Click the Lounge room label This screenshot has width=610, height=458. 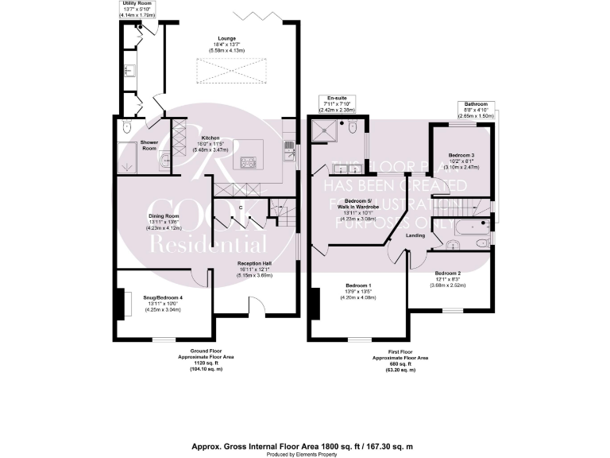pyautogui.click(x=227, y=37)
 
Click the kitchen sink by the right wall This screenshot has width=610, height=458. pyautogui.click(x=291, y=152)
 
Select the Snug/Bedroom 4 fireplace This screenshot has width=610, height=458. pyautogui.click(x=122, y=303)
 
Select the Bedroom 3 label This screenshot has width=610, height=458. pyautogui.click(x=461, y=154)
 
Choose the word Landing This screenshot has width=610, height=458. pyautogui.click(x=415, y=236)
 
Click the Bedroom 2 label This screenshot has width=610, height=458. pyautogui.click(x=449, y=272)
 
